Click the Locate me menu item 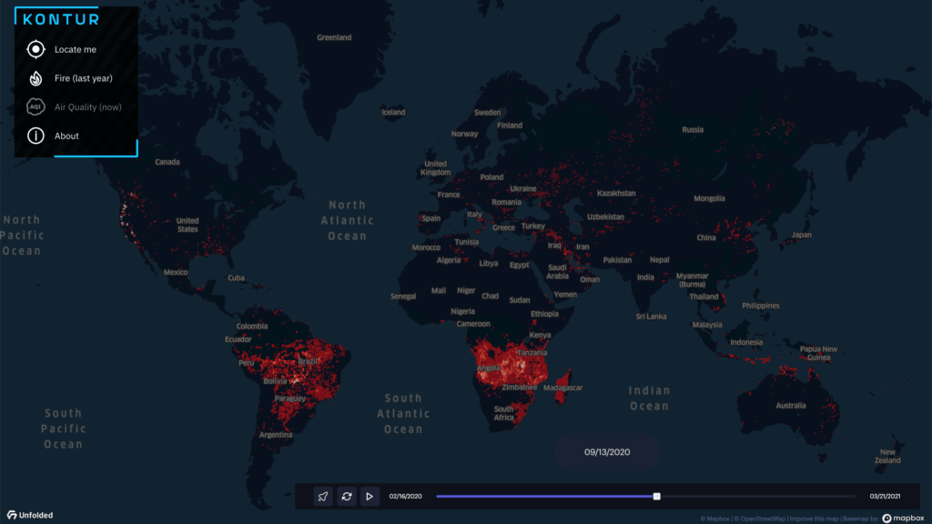tap(75, 50)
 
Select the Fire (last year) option tap(82, 78)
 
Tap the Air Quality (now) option tap(86, 107)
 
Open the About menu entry tap(66, 136)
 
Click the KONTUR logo tap(61, 18)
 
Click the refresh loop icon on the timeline tap(347, 497)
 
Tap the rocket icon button tap(323, 497)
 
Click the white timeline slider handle tap(656, 497)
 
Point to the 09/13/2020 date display tap(607, 452)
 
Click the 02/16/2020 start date tap(405, 497)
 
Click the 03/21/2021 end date tap(886, 497)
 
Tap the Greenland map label tap(334, 38)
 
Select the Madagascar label tap(562, 388)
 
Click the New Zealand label tap(887, 457)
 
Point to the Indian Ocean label tap(649, 398)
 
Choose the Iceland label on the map tap(393, 113)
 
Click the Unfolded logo tap(30, 516)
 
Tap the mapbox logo tap(903, 518)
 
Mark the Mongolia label tap(709, 198)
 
